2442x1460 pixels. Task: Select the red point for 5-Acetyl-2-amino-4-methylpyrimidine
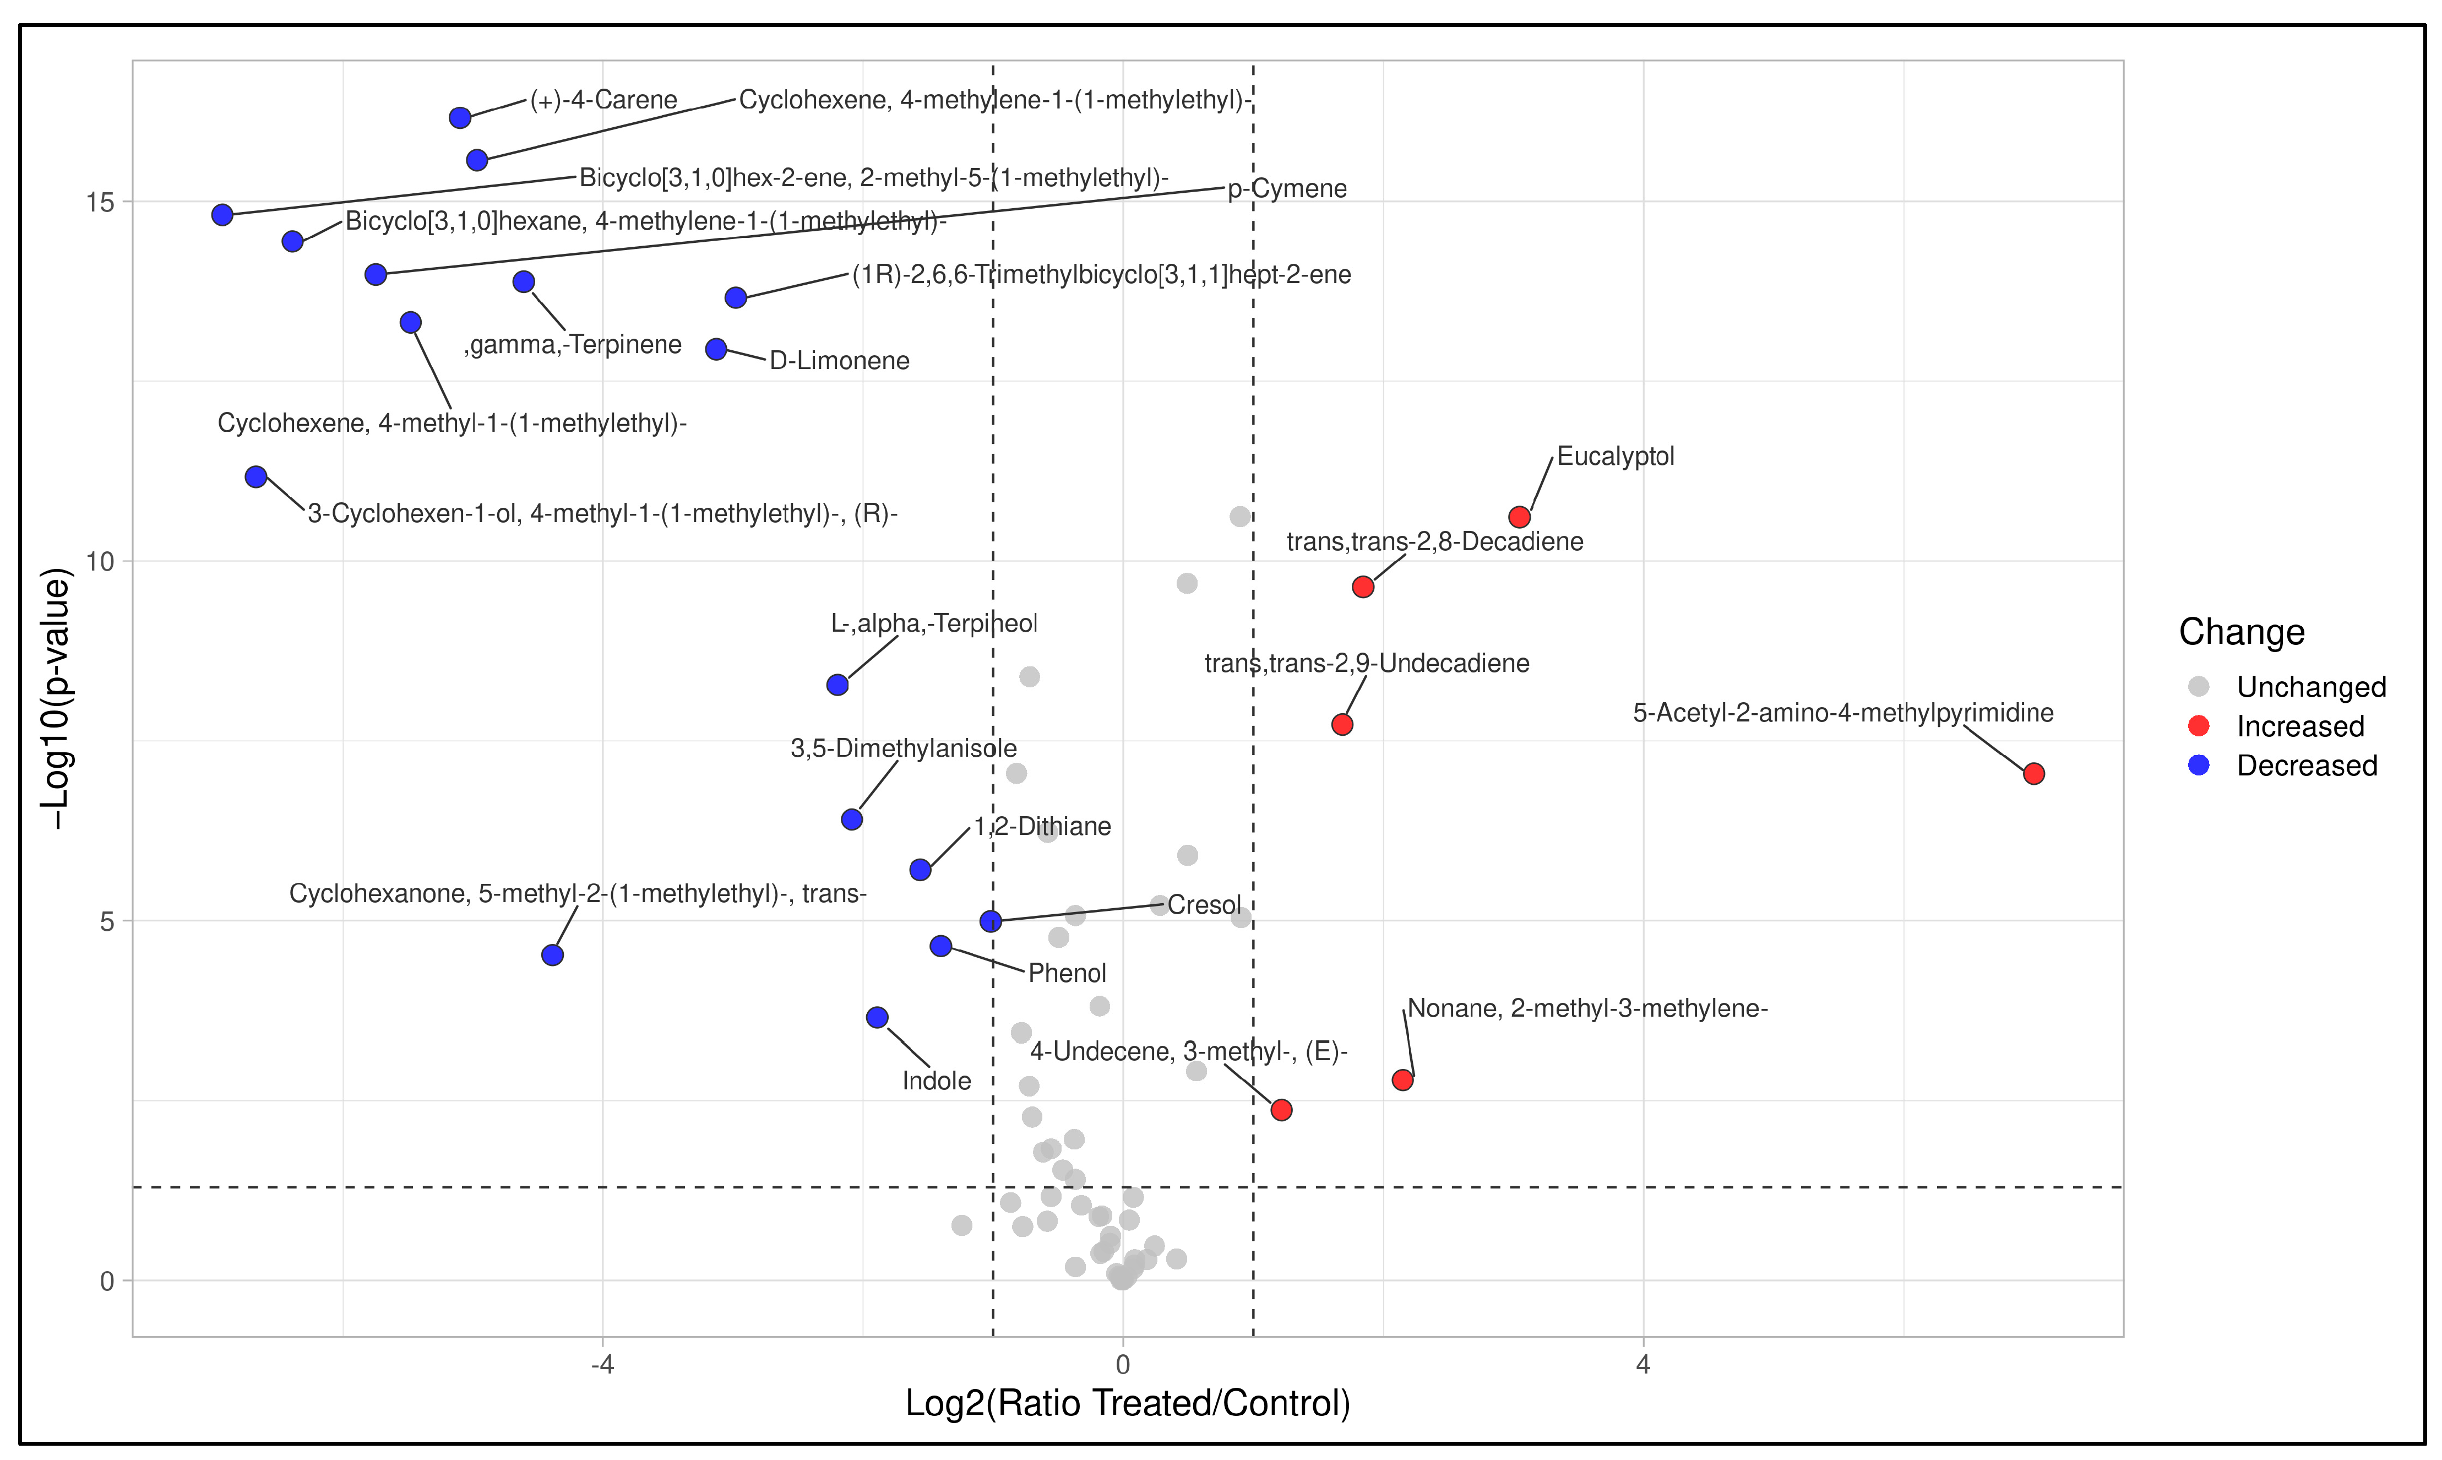2034,773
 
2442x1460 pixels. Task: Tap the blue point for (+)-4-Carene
459,118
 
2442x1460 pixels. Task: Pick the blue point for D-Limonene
716,349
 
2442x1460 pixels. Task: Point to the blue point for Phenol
941,946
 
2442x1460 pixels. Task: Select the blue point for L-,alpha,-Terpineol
837,685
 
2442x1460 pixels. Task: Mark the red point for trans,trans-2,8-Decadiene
1362,587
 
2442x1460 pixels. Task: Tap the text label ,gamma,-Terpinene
573,344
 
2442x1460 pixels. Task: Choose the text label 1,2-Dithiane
1042,827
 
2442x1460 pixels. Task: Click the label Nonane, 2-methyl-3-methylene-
1587,1008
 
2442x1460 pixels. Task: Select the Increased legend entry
2299,726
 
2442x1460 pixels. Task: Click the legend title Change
2242,632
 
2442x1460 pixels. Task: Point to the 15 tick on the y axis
100,202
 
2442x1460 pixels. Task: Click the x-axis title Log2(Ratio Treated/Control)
1127,1403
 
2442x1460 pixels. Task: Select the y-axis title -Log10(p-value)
56,698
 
